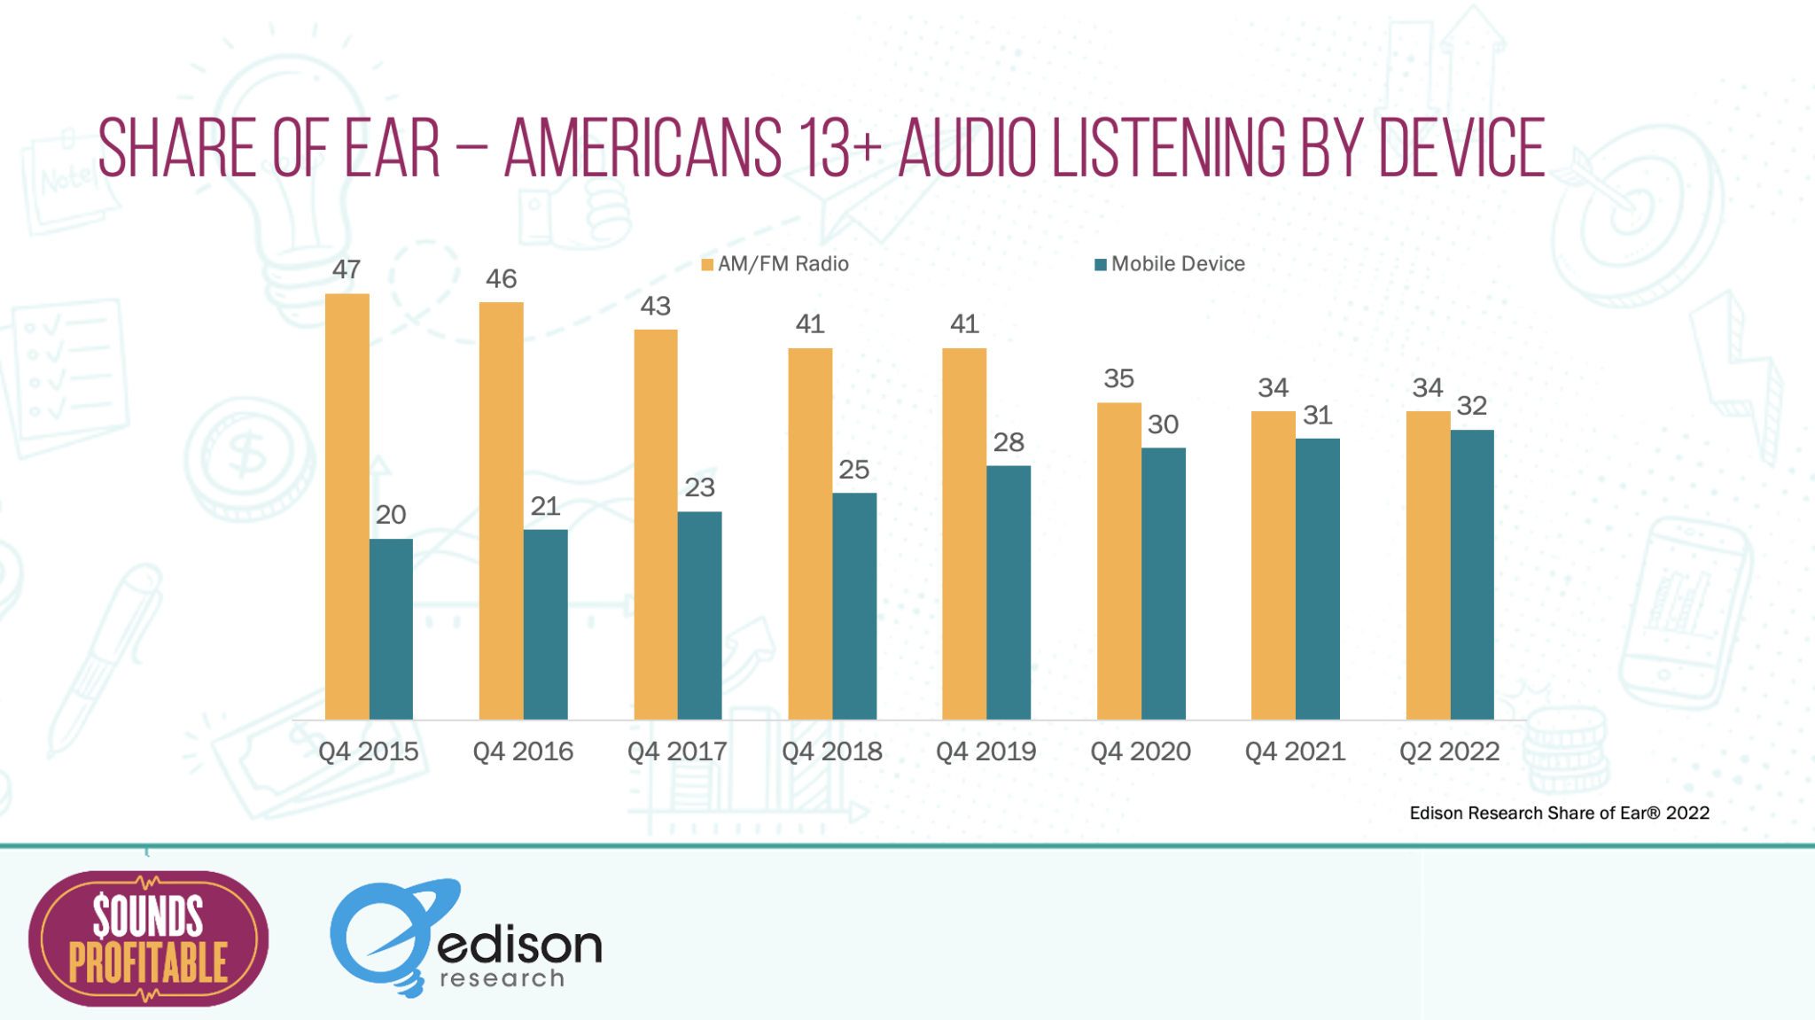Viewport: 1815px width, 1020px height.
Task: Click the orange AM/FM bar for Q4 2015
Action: pyautogui.click(x=347, y=506)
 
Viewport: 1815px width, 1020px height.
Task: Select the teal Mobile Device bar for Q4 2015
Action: pyautogui.click(x=391, y=628)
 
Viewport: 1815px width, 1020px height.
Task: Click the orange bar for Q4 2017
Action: pyautogui.click(x=656, y=524)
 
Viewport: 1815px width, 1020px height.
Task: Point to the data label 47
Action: pyautogui.click(x=347, y=269)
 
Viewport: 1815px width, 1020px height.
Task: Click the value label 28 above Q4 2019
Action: pyautogui.click(x=1009, y=442)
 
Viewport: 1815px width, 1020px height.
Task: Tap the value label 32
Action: pyautogui.click(x=1472, y=406)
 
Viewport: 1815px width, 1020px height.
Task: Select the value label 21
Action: pyautogui.click(x=545, y=506)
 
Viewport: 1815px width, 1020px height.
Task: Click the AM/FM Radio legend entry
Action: pyautogui.click(x=775, y=264)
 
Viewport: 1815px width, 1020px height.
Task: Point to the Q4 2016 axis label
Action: pyautogui.click(x=523, y=751)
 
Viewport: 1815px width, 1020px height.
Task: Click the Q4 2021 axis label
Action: pyautogui.click(x=1295, y=751)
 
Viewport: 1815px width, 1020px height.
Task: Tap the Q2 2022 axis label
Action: pyautogui.click(x=1449, y=751)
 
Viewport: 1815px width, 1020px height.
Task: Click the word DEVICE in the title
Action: pyautogui.click(x=1461, y=148)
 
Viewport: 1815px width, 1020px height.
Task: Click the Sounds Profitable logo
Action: pyautogui.click(x=148, y=938)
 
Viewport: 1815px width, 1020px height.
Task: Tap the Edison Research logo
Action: pyautogui.click(x=465, y=938)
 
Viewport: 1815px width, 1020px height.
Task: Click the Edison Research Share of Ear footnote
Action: pyautogui.click(x=1559, y=813)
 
